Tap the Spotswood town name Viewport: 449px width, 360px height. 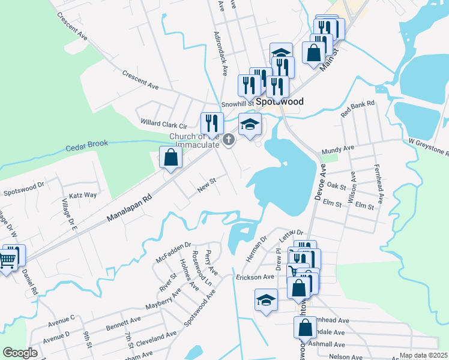click(278, 102)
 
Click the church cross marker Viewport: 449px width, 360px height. click(228, 140)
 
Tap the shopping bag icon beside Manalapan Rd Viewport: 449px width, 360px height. click(171, 158)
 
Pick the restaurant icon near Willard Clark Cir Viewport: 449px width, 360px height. click(211, 123)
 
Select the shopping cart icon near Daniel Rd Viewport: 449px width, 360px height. click(7, 261)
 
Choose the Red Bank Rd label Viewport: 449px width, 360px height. click(357, 108)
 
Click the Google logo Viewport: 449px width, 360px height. click(20, 353)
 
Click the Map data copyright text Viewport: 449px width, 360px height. click(423, 355)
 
